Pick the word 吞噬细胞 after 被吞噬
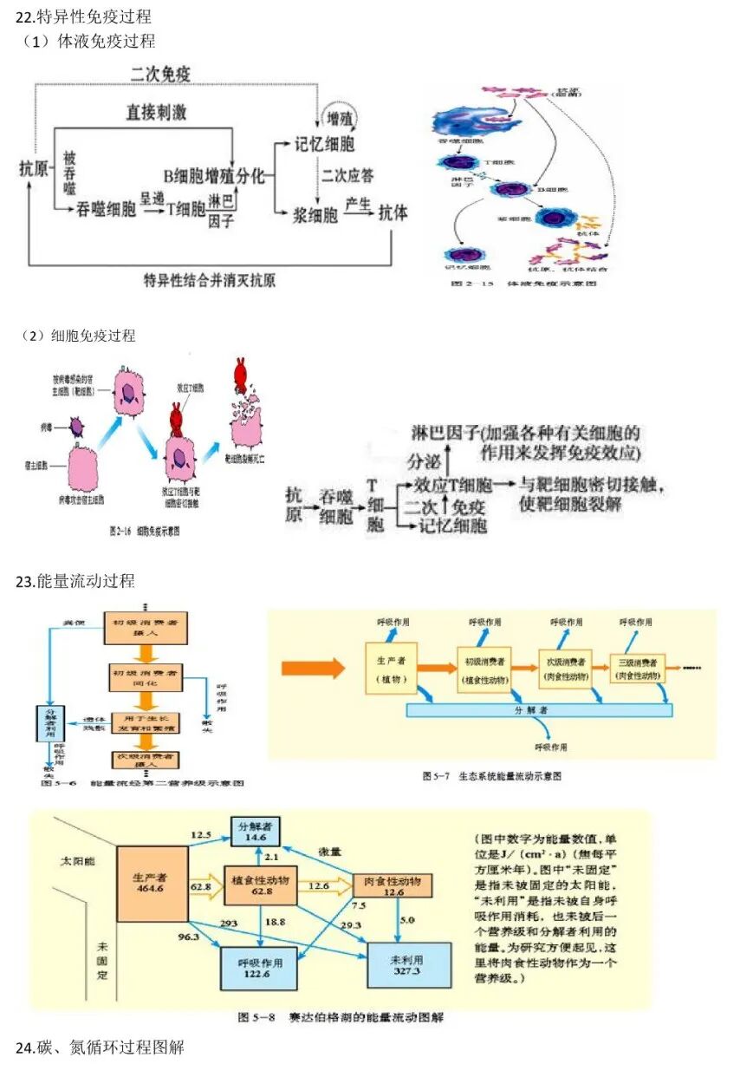[x=107, y=209]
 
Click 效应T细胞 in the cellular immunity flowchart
[x=454, y=485]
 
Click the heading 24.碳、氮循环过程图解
[x=100, y=1047]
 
